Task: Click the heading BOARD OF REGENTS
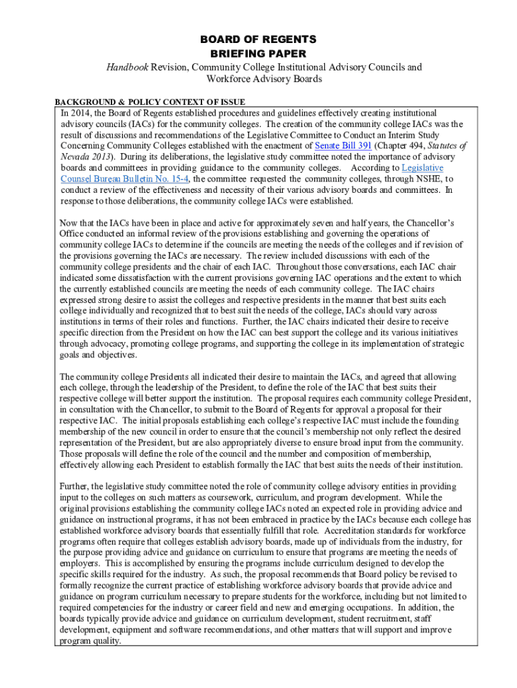(x=258, y=40)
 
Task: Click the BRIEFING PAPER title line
(x=258, y=53)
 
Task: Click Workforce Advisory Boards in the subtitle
(x=258, y=79)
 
